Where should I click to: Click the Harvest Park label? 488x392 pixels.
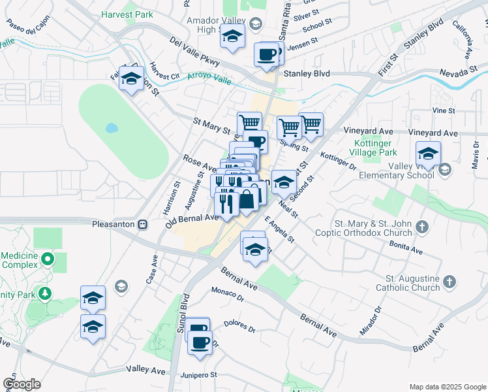127,13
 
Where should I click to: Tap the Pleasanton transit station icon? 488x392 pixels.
142,224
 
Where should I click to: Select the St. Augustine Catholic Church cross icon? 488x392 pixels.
449,282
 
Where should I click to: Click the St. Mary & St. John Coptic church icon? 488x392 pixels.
422,227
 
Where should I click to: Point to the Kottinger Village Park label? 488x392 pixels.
375,148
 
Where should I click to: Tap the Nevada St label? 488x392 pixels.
455,73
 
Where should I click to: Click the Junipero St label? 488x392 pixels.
199,375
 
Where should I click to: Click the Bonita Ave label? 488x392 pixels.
407,246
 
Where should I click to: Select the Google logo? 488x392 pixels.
22,384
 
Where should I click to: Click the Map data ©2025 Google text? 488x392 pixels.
447,387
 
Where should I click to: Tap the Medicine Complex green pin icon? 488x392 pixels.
46,261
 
